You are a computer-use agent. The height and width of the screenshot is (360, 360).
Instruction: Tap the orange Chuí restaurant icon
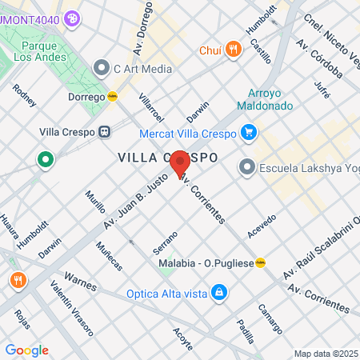[234, 49]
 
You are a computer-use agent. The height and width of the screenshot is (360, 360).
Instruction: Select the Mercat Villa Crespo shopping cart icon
[249, 132]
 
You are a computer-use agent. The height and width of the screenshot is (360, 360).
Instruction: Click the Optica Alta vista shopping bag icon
[218, 294]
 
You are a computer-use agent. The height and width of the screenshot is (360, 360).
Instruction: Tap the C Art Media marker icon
[101, 68]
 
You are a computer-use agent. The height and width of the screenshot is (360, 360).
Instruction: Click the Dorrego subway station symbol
[113, 97]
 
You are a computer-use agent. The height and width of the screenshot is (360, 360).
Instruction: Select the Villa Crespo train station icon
[105, 132]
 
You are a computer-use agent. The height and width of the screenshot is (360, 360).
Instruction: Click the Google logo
[26, 350]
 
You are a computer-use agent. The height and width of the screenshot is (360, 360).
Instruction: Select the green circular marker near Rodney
[46, 159]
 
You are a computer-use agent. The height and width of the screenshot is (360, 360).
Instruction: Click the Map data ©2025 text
[326, 354]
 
